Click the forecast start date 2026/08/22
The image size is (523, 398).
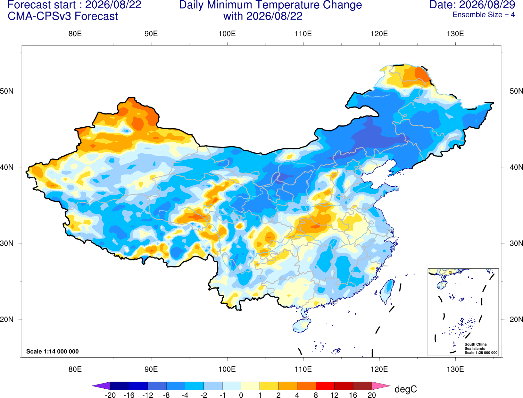113,5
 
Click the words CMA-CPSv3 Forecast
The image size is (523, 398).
63,16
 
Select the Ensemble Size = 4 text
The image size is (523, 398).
484,15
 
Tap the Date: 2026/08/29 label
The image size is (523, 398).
472,5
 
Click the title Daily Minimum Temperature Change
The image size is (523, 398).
270,5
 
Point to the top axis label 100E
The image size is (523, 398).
227,34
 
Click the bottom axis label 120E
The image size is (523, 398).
379,369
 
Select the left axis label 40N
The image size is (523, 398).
7,167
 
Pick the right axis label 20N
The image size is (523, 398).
516,319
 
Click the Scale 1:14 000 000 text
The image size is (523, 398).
53,351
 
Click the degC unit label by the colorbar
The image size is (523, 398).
405,389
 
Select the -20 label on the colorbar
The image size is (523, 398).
110,395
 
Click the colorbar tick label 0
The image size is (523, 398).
241,395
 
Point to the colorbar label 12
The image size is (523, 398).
334,395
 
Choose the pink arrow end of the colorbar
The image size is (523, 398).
380,385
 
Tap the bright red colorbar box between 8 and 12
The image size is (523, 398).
325,385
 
